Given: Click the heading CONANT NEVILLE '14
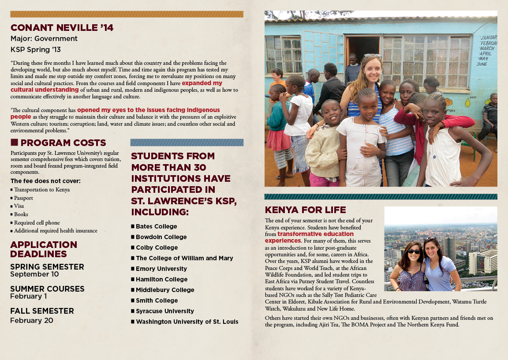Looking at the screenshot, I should pyautogui.click(x=62, y=28).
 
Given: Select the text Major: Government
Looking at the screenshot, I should pyautogui.click(x=44, y=39).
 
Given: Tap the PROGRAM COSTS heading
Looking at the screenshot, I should pyautogui.click(x=63, y=143).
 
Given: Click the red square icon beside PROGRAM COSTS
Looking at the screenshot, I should pyautogui.click(x=14, y=142).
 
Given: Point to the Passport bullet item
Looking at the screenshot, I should pyautogui.click(x=23, y=198).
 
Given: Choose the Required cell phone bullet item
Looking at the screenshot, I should pyautogui.click(x=37, y=223).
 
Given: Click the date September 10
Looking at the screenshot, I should pyautogui.click(x=34, y=274).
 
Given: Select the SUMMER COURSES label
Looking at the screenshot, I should pyautogui.click(x=47, y=289).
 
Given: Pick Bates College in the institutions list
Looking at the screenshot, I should pyautogui.click(x=156, y=226).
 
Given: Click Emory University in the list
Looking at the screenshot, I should pyautogui.click(x=161, y=269).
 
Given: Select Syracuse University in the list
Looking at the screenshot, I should pyautogui.click(x=164, y=311).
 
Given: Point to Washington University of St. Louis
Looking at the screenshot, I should pyautogui.click(x=187, y=322).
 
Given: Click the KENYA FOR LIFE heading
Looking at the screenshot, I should pyautogui.click(x=305, y=210).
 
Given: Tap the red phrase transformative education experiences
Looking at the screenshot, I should pyautogui.click(x=309, y=237).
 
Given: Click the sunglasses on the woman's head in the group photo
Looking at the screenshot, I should pyautogui.click(x=372, y=56).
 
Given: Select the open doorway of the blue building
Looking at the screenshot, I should pyautogui.click(x=362, y=49).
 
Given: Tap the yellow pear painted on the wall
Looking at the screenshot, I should pyautogui.click(x=467, y=102).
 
